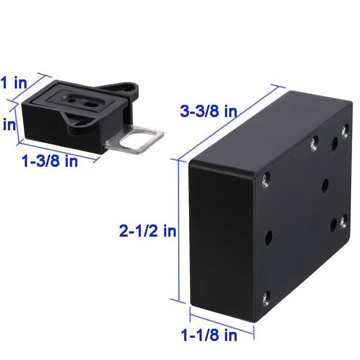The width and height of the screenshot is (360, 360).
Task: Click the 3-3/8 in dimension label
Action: (x=208, y=112)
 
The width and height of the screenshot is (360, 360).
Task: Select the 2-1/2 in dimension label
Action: (x=148, y=231)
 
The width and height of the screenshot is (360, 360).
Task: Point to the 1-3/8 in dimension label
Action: (x=50, y=161)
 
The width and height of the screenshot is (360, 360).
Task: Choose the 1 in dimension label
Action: (x=13, y=83)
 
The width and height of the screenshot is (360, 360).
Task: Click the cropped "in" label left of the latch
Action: (x=9, y=125)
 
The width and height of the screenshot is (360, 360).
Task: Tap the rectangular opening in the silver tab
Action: (x=139, y=140)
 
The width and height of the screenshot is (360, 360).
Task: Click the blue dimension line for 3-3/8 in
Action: (x=228, y=120)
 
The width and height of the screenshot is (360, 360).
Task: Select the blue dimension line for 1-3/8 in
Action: (x=58, y=150)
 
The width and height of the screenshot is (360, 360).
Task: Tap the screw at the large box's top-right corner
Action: (x=345, y=128)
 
